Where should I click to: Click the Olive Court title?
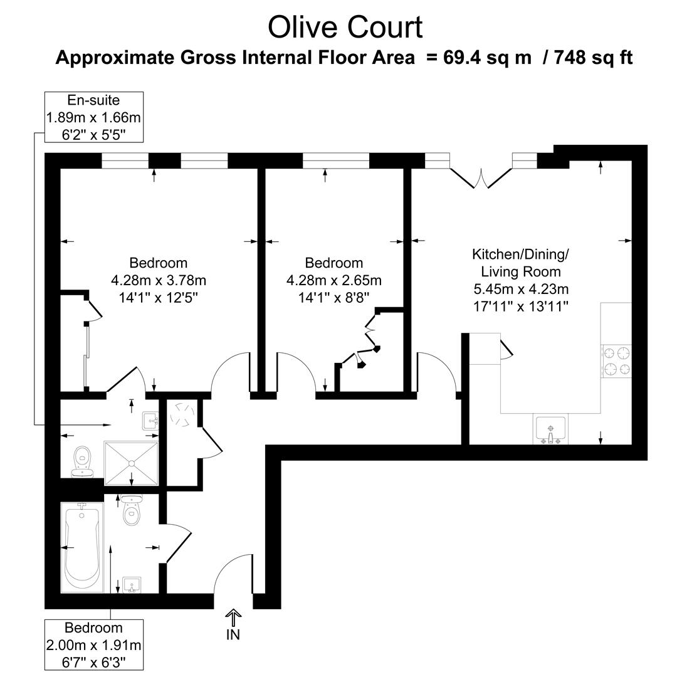point(345,28)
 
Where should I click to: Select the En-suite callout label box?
point(93,117)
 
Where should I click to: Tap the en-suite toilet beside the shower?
point(82,461)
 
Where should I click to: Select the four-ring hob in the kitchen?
point(616,361)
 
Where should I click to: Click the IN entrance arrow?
point(233,619)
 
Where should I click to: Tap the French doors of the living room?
point(481,177)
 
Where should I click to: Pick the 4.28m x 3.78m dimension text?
point(158,280)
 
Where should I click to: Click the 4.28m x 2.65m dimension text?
point(333,280)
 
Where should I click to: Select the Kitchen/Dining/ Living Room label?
point(520,263)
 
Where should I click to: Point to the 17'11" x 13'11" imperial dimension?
point(521,307)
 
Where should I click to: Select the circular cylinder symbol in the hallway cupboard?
point(184,414)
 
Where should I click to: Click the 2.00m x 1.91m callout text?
point(94,645)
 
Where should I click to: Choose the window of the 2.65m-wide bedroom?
point(336,160)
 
